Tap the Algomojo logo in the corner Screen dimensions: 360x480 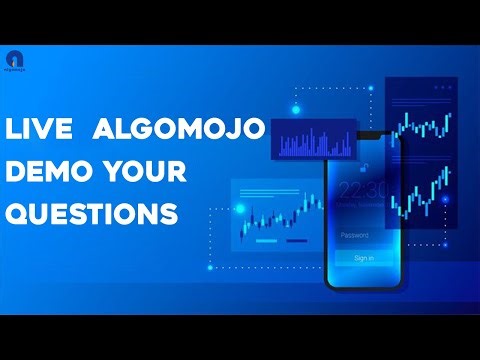point(13,59)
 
